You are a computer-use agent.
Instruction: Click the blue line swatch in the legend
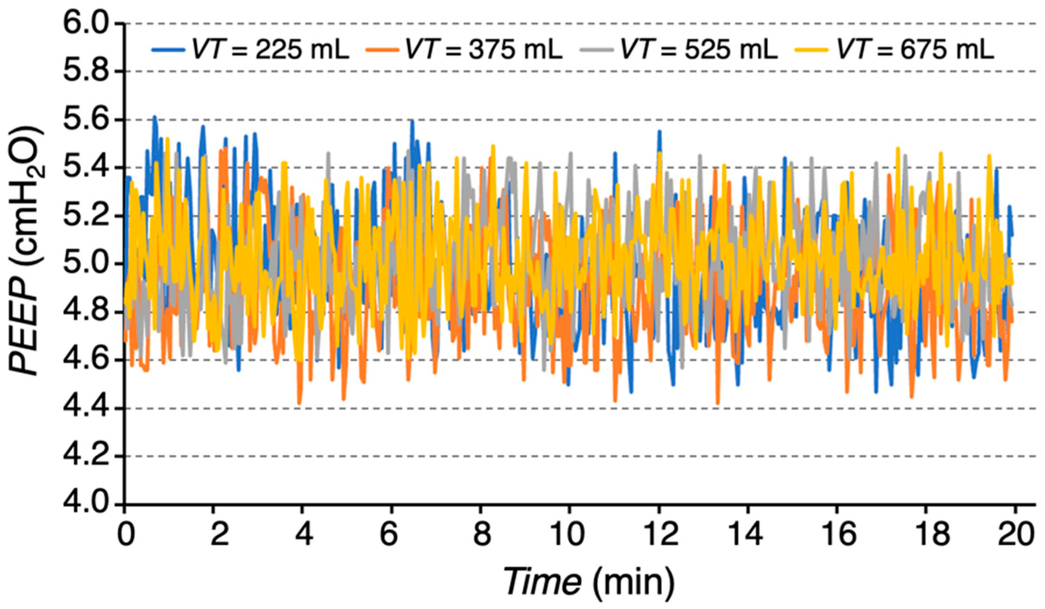point(168,50)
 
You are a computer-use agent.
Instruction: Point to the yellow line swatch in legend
point(811,50)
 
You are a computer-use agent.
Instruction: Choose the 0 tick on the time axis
point(126,534)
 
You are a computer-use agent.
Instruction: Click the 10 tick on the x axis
point(569,534)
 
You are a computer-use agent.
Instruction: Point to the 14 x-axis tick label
point(747,534)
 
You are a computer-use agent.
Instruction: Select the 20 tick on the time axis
point(1014,534)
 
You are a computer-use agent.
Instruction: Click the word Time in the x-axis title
point(542,581)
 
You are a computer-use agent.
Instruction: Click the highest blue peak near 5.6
point(154,117)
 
